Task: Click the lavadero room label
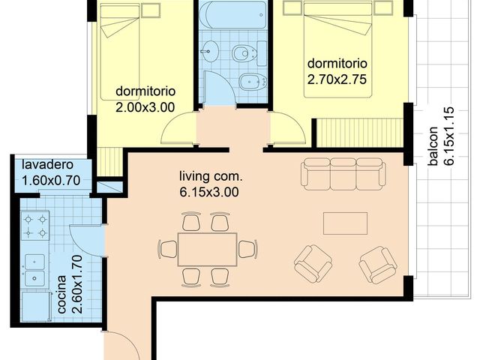47,165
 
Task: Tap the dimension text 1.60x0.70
51,180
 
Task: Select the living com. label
211,177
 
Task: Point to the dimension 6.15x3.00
209,192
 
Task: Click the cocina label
61,294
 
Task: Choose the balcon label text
433,145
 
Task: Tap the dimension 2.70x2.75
337,79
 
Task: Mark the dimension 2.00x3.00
145,107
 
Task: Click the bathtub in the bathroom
232,14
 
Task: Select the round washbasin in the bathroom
210,52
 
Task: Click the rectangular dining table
208,250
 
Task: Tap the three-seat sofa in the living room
343,173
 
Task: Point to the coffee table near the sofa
345,223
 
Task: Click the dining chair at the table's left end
167,249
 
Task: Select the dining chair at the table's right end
248,249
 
